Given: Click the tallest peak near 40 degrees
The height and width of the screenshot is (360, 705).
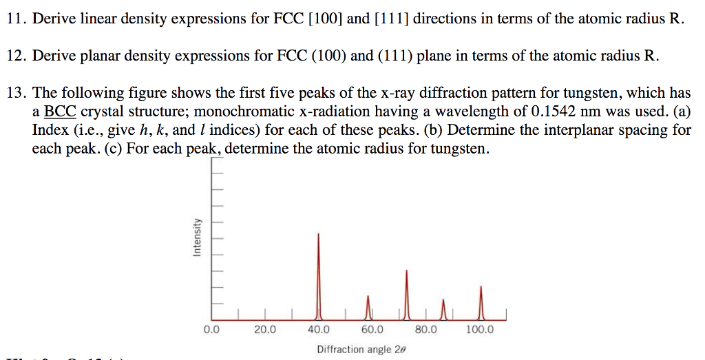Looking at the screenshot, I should point(318,275).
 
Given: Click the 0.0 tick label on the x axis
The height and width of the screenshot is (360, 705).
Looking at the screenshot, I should point(211,330).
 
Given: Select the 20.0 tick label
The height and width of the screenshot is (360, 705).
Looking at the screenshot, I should point(264,330).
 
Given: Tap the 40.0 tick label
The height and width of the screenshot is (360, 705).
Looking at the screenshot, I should point(318,330).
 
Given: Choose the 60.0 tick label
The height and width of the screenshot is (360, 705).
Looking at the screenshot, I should point(372,330).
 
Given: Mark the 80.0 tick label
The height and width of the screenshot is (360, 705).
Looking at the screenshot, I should point(425,330).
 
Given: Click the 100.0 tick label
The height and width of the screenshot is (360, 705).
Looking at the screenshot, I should point(479,330).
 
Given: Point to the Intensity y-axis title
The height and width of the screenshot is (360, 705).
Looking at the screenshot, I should point(197,237).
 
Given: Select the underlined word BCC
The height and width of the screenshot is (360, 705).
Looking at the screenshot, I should point(60,112).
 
